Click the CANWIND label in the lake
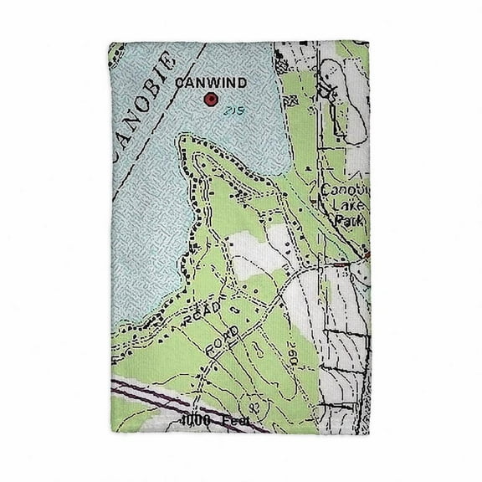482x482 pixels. pos(209,83)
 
